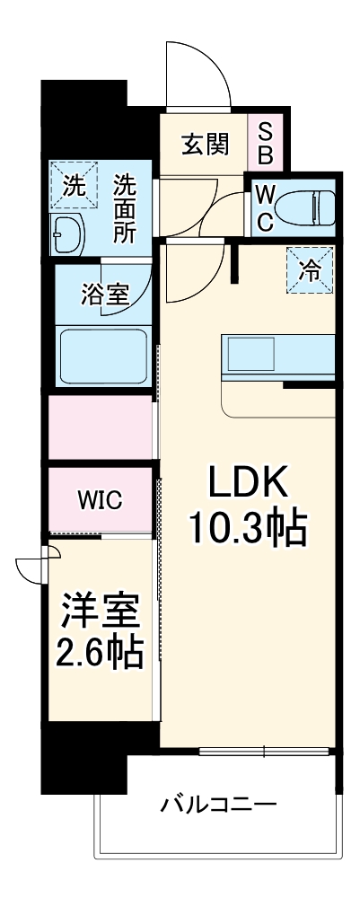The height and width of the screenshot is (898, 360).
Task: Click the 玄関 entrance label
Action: (206, 143)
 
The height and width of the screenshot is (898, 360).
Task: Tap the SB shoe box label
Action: (266, 141)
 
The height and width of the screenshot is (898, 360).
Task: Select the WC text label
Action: (266, 207)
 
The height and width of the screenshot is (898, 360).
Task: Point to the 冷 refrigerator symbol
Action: (310, 269)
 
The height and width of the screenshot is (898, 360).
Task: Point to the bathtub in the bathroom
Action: (102, 355)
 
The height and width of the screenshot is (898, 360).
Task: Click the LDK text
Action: (248, 486)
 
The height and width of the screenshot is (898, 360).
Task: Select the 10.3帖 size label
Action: (248, 530)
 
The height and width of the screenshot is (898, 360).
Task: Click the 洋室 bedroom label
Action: (101, 613)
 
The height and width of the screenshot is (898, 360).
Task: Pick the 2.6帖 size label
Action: (101, 653)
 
